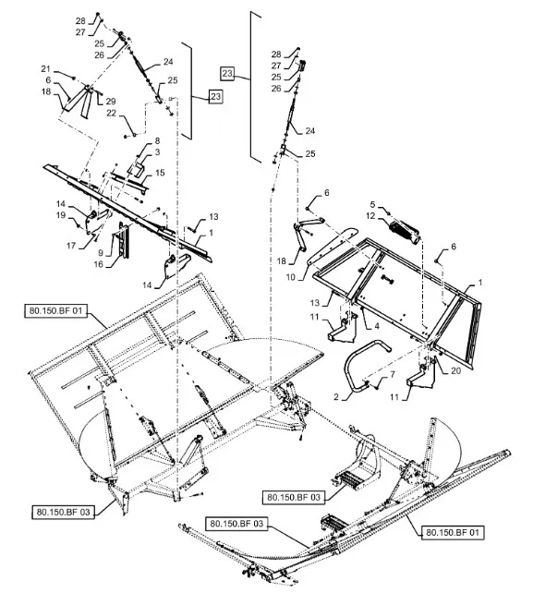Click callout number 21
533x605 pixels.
pos(45,69)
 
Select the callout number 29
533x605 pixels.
pos(111,102)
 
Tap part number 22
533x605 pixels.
pos(111,114)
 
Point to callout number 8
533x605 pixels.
pos(157,140)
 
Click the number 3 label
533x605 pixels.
pos(157,152)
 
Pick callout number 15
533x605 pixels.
pos(160,173)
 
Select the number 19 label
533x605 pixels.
pos(61,215)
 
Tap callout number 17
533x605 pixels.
pos(70,246)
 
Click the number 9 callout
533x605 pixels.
pos(101,253)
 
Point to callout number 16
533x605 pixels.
pos(99,264)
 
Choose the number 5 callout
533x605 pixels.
pos(372,204)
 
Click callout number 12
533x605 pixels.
pos(370,216)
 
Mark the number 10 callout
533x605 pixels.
pos(290,277)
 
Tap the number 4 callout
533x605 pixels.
pos(377,326)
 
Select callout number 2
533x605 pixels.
pos(335,396)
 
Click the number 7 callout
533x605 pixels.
pos(393,375)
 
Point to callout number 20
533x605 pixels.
pos(455,370)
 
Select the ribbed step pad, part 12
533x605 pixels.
pos(404,232)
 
